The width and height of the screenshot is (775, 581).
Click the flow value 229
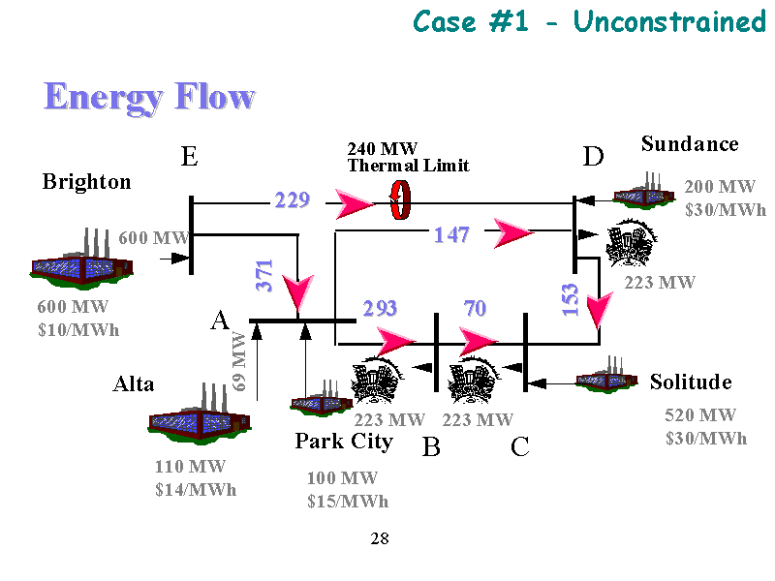click(292, 200)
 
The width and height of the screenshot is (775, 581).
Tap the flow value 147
click(451, 233)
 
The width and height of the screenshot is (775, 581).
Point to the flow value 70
click(475, 309)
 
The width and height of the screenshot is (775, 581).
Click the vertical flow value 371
click(264, 276)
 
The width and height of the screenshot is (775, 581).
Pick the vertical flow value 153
click(571, 299)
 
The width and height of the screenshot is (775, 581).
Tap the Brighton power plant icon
click(73, 261)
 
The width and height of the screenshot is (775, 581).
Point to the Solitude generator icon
click(607, 376)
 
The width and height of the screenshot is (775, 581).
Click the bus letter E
click(190, 157)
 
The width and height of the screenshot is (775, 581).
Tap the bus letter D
click(593, 157)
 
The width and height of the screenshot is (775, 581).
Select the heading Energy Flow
click(149, 97)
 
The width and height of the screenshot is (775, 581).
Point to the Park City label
click(344, 442)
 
